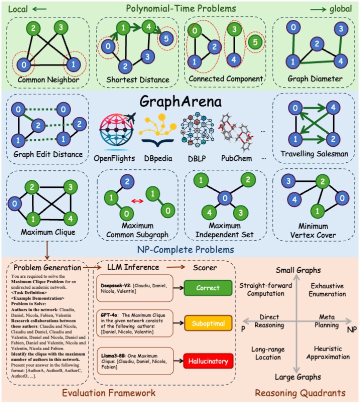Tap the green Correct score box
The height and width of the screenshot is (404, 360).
pyautogui.click(x=207, y=289)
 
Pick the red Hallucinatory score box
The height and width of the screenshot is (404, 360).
pyautogui.click(x=207, y=361)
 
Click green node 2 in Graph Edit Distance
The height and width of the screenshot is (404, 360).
pyautogui.click(x=35, y=125)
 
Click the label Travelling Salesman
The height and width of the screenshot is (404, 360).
pyautogui.click(x=313, y=154)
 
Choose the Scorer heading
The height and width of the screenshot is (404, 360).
pyautogui.click(x=206, y=267)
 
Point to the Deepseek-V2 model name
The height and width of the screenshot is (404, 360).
pyautogui.click(x=114, y=284)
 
